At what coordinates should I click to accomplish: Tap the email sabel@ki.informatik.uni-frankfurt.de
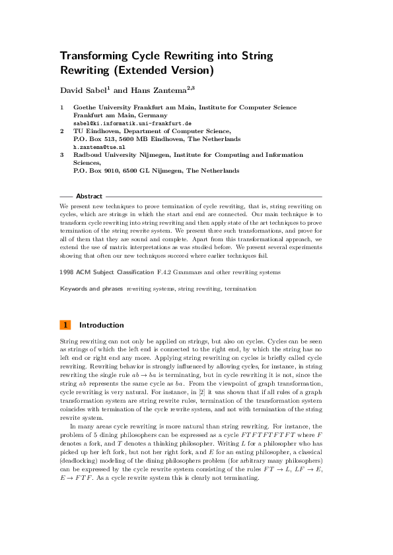tap(133, 123)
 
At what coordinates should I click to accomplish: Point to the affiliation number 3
tap(62, 155)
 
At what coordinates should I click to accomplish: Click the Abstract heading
tap(89, 196)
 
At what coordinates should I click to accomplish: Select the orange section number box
tap(65, 325)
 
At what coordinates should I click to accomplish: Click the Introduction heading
tap(101, 325)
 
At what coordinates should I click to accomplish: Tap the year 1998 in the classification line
tap(67, 272)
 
